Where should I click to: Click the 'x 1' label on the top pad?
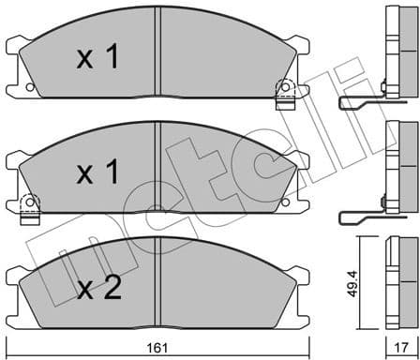pyautogui.click(x=97, y=58)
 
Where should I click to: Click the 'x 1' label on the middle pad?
pyautogui.click(x=97, y=173)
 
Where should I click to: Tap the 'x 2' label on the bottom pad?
pyautogui.click(x=99, y=290)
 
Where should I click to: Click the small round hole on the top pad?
pyautogui.click(x=32, y=86)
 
